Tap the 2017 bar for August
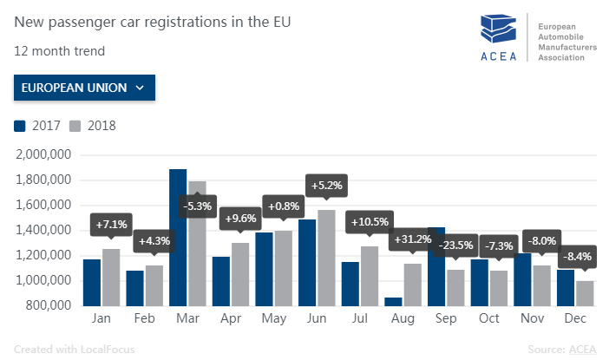tap(392, 301)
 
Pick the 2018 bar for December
tap(585, 292)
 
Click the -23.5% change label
tap(456, 244)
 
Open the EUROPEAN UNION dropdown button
tap(84, 88)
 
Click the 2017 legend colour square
tap(20, 126)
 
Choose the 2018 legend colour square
tap(75, 126)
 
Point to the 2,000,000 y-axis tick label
tap(43, 155)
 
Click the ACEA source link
tap(582, 349)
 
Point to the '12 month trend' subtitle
tap(59, 50)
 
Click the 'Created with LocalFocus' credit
tap(67, 349)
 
